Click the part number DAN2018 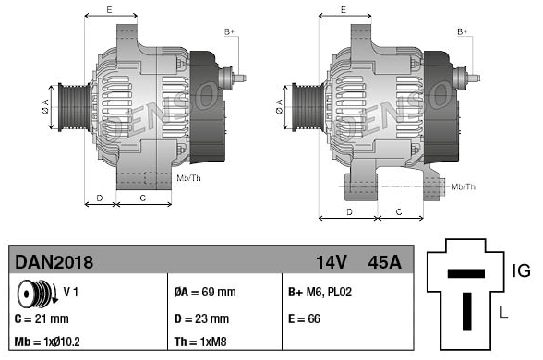click(x=54, y=262)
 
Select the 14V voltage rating click(x=331, y=262)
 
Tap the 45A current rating click(x=385, y=262)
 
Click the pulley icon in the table click(x=37, y=294)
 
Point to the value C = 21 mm click(x=42, y=318)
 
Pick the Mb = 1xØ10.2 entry click(x=47, y=342)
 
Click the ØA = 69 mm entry click(x=205, y=292)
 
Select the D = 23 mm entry click(x=201, y=318)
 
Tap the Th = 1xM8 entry click(x=200, y=342)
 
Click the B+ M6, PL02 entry click(x=320, y=292)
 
